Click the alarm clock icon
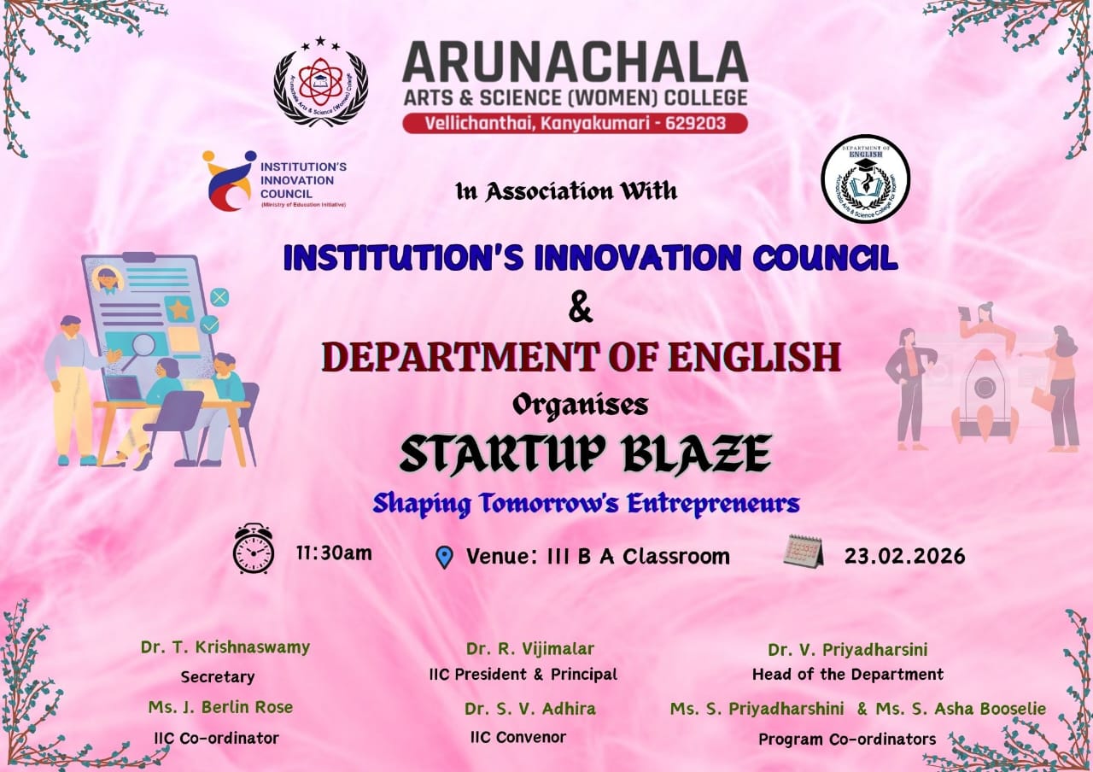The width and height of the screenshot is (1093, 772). point(254,548)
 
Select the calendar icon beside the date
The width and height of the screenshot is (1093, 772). point(803,552)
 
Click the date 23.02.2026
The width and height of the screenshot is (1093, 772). point(904,556)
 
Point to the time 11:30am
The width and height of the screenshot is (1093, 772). point(334,553)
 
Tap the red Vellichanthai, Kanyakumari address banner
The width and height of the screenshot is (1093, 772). point(575,123)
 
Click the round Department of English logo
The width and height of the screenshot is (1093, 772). point(865,179)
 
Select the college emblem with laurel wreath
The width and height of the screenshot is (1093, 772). point(320,83)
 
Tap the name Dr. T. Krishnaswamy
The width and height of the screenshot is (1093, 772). point(225,646)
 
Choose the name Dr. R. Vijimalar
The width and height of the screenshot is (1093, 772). point(530,648)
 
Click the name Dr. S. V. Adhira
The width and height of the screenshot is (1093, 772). point(530,708)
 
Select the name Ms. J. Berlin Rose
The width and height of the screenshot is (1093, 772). point(220,706)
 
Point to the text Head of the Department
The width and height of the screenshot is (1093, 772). point(847,674)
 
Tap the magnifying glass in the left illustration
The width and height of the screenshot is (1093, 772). point(142,346)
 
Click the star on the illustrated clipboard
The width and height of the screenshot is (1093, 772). point(179,308)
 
